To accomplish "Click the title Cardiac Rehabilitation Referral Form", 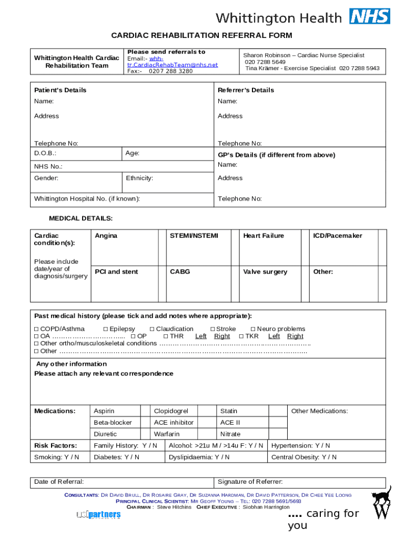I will coord(201,35).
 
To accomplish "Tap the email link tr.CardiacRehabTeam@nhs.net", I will coord(173,65).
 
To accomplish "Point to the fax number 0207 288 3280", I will coord(170,71).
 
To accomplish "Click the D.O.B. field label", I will coord(45,153).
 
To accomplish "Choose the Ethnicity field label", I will coord(139,178).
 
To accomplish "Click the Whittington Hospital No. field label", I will coord(87,198).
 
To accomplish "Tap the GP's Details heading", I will coord(277,155).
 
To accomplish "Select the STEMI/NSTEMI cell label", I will coord(194,236).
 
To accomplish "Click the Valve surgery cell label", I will coord(265,272).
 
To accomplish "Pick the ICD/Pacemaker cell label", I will coord(338,236).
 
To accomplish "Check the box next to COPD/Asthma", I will coord(36,329).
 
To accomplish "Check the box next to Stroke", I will coord(212,329).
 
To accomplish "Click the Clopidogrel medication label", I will coord(171,411).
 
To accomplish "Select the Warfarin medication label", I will coord(167,434).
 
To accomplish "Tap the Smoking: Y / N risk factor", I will coord(57,457).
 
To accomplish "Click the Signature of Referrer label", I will coord(250,482).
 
